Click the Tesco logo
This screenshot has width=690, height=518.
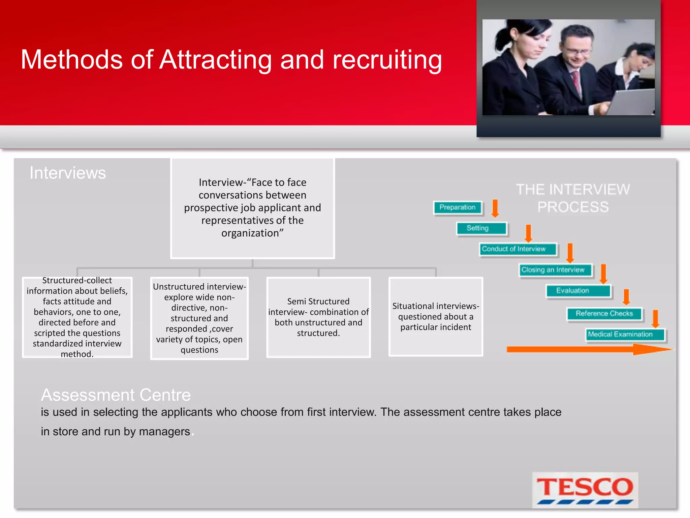tap(585, 489)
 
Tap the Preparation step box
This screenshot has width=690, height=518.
tap(458, 207)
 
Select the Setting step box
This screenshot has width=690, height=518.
tap(481, 228)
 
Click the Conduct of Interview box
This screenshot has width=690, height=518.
tap(517, 249)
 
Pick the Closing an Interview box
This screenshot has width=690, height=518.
tap(555, 270)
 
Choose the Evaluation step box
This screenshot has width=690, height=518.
tap(578, 291)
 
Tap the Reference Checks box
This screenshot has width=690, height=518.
tap(604, 314)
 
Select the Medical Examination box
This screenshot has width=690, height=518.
tap(625, 335)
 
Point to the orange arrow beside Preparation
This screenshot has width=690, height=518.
tap(495, 208)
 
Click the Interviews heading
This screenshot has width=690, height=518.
tap(68, 173)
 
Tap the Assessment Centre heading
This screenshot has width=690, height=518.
tap(116, 395)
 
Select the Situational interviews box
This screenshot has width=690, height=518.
tap(436, 316)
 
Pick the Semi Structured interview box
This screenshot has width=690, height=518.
tap(318, 317)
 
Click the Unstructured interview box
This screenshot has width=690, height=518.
tap(199, 318)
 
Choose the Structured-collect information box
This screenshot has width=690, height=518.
tap(77, 317)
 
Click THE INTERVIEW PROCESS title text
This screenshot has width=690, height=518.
tap(573, 198)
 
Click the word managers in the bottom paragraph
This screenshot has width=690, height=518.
tap(164, 432)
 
